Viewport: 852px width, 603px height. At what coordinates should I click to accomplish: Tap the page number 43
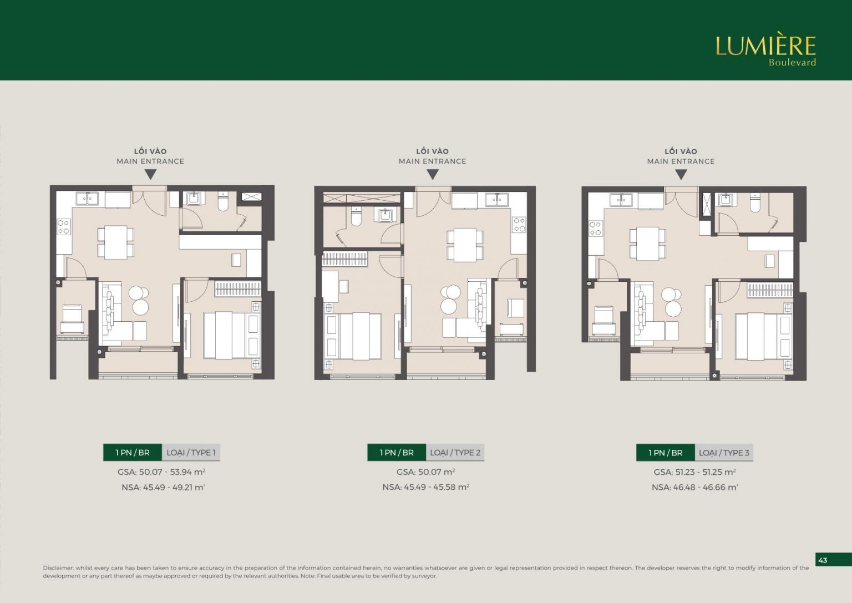pos(823,560)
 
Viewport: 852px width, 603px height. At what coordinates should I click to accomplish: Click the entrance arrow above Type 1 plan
pos(151,174)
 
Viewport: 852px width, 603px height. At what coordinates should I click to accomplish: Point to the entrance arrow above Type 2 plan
pos(433,174)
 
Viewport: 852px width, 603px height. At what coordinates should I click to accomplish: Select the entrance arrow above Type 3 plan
pos(681,174)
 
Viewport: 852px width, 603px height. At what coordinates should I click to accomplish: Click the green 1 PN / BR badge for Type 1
pos(133,452)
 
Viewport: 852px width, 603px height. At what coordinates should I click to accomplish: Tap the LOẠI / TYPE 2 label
pos(455,452)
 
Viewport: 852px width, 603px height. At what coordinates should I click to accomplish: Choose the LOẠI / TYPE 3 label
pos(724,453)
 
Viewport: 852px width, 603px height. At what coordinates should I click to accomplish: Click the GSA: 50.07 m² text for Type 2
pos(425,472)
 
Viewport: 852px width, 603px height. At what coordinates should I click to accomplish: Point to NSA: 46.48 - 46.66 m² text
pos(695,488)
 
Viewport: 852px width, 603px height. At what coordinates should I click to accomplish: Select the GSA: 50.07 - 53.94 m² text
pos(161,472)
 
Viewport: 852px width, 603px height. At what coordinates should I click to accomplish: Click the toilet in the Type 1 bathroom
pos(223,201)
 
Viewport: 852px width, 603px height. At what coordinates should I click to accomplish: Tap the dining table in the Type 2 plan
pos(465,245)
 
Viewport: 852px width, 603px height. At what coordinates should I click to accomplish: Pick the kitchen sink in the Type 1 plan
pos(87,199)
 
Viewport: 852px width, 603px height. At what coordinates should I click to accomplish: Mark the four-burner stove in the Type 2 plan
pos(519,225)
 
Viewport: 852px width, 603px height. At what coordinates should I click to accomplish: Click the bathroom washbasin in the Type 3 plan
pos(726,199)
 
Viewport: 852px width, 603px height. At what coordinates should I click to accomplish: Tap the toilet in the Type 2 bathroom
pos(356,216)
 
